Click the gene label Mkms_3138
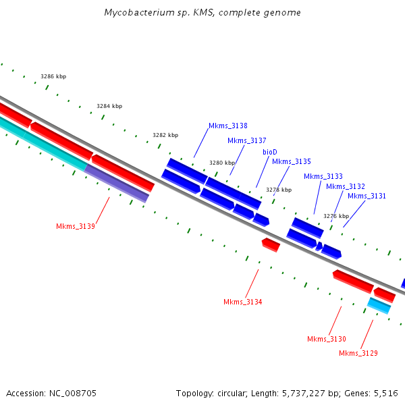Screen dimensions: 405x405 coord(227,126)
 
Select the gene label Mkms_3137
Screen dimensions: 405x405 coord(246,140)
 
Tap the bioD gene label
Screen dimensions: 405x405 coord(270,152)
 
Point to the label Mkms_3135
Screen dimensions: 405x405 coord(291,161)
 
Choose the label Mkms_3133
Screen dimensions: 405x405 coord(323,176)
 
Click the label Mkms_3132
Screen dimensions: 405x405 coord(345,186)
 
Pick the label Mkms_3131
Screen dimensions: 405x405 coord(367,196)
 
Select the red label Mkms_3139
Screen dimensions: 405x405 coord(75,226)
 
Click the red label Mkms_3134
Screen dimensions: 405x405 coord(242,302)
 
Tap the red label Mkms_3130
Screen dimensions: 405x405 coord(326,339)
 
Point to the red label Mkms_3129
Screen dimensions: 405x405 coord(358,353)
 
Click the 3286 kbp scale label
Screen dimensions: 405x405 coord(53,76)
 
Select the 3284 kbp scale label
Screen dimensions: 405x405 coord(109,106)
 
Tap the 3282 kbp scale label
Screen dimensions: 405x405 coord(165,135)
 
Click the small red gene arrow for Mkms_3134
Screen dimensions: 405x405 coord(271,244)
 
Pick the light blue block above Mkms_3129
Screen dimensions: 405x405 coord(379,306)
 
